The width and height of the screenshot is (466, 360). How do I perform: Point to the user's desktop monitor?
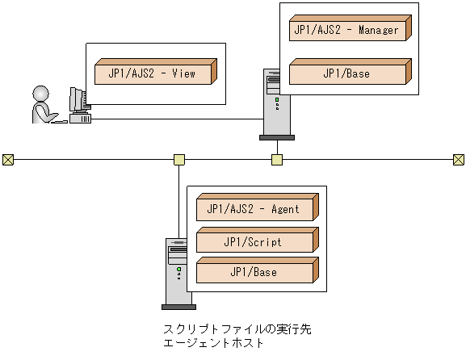pos(77,101)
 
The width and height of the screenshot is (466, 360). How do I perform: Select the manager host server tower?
pos(276,103)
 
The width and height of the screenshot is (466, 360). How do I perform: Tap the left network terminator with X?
pos(8,159)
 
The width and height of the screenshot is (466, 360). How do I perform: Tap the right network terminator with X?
pos(458,159)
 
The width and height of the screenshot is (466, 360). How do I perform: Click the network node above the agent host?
pos(179,159)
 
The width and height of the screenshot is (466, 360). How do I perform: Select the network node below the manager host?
pos(277,159)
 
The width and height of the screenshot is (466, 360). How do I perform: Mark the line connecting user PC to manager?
pos(178,119)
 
